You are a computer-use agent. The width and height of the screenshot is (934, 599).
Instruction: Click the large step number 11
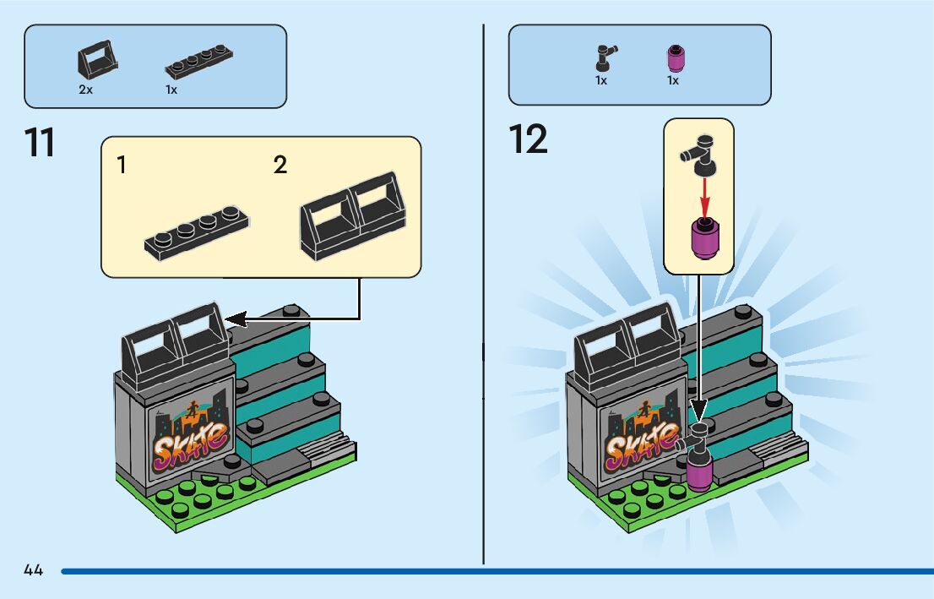tap(40, 142)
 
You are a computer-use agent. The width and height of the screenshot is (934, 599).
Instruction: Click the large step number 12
tap(529, 139)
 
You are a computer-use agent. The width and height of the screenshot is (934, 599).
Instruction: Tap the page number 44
tap(34, 570)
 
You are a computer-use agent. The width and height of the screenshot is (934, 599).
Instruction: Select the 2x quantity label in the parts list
tap(85, 89)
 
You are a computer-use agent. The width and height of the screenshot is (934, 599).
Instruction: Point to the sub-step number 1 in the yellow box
tap(122, 165)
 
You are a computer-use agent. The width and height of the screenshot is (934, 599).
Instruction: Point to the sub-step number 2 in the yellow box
tap(280, 165)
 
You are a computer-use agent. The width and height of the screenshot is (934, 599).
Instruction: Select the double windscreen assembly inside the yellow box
tap(353, 215)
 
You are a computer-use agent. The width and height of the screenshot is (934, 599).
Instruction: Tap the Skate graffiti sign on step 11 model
tap(189, 438)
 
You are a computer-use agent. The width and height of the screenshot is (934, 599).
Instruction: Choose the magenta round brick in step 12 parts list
tap(674, 59)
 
